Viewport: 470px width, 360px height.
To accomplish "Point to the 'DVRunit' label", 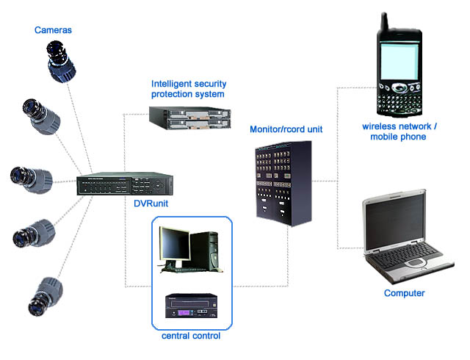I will pos(151,204).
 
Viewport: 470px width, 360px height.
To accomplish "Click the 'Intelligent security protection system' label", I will pos(187,89).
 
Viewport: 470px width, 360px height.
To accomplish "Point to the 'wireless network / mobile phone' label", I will pos(399,132).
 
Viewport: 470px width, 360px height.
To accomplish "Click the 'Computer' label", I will pos(404,293).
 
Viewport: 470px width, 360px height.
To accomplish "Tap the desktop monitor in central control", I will pos(177,246).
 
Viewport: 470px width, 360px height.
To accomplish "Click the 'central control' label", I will pos(190,336).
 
